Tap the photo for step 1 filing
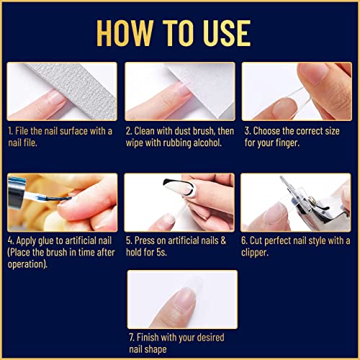pos(62,91)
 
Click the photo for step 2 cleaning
pos(179,91)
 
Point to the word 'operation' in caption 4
pos(29,265)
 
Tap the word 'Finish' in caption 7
pos(150,338)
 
